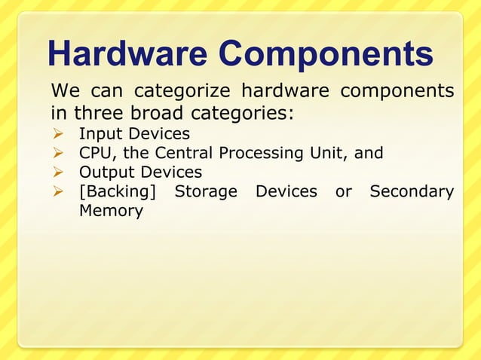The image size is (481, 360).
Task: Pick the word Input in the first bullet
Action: pos(101,135)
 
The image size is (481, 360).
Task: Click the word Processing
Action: pos(260,154)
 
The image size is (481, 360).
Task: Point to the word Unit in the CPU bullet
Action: pos(328,154)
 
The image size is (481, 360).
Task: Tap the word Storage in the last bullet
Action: pos(205,192)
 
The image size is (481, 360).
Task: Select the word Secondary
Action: pos(412,192)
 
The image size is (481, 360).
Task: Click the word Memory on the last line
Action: pos(111,211)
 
